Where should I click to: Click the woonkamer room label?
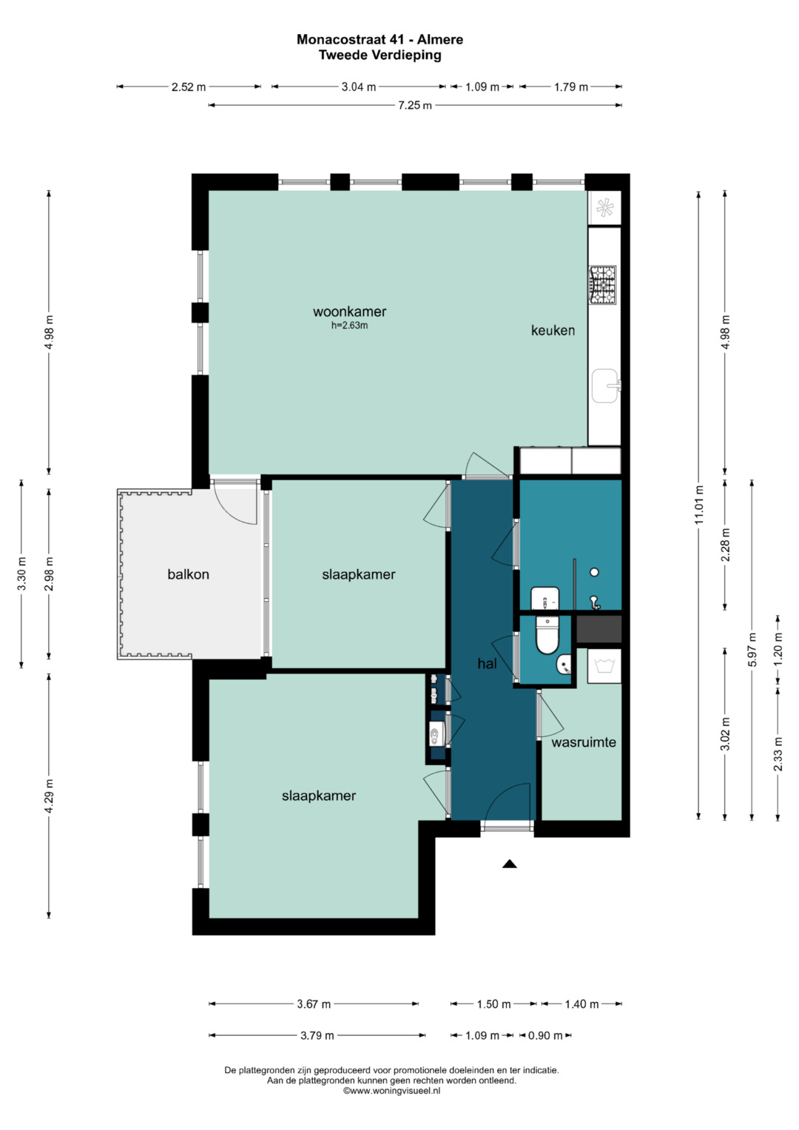[x=349, y=312]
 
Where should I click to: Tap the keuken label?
[x=553, y=331]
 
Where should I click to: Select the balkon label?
[x=188, y=574]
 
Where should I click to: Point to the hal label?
[x=487, y=664]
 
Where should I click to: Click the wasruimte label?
[x=584, y=742]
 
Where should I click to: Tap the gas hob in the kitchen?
[x=603, y=285]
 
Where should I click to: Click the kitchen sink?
[x=605, y=386]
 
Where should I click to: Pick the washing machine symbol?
[x=604, y=667]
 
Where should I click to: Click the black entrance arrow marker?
[x=510, y=864]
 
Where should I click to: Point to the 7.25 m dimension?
[x=415, y=105]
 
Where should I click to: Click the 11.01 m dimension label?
[x=698, y=505]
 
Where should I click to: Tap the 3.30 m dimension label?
[x=21, y=574]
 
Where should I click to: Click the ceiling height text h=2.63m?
[x=349, y=326]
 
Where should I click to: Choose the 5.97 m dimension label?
[x=752, y=650]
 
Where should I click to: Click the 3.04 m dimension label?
[x=359, y=87]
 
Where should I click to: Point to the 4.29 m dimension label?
[x=49, y=796]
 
